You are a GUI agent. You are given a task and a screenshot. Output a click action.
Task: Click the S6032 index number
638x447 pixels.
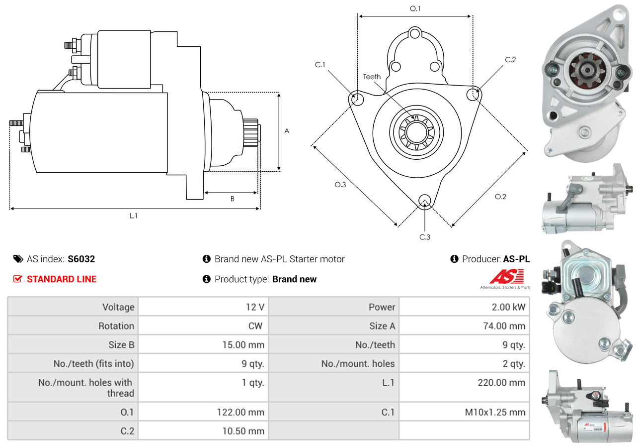pos(81,259)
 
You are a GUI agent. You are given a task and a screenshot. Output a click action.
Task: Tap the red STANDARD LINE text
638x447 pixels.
pos(62,279)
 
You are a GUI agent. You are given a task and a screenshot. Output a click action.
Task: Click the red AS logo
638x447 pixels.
pos(507,276)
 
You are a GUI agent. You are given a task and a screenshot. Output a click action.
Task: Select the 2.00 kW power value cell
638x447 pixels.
pos(464,307)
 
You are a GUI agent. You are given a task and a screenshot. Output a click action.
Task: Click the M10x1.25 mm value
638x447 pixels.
pos(495,412)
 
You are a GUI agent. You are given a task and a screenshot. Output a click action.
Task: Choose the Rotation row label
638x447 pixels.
pos(116,326)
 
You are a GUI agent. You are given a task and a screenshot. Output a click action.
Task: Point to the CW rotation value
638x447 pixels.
pos(255,326)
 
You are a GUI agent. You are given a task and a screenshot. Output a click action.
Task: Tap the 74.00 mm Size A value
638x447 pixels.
pos(504,326)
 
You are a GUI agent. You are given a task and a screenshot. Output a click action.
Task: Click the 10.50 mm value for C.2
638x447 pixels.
pos(243,431)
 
